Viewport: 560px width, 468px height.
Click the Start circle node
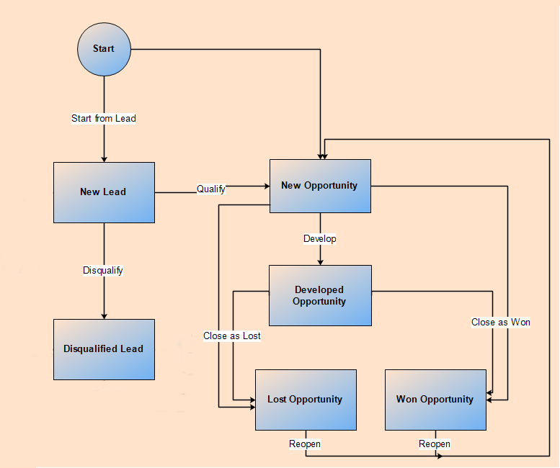pyautogui.click(x=104, y=49)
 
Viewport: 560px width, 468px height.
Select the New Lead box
pyautogui.click(x=104, y=192)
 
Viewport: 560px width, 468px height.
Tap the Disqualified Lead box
pyautogui.click(x=104, y=349)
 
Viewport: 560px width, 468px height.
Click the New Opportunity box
pyautogui.click(x=320, y=186)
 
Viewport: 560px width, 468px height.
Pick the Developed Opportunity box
pyautogui.click(x=320, y=296)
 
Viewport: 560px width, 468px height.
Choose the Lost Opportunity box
pyautogui.click(x=306, y=400)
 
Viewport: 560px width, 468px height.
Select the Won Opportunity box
pyautogui.click(x=435, y=400)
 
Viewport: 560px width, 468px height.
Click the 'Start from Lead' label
pyautogui.click(x=104, y=118)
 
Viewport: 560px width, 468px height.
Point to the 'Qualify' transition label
pyautogui.click(x=211, y=189)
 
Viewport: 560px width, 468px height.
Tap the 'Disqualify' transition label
pyautogui.click(x=103, y=270)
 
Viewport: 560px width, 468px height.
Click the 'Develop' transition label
pyautogui.click(x=320, y=238)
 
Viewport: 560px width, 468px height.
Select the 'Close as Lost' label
pyautogui.click(x=232, y=336)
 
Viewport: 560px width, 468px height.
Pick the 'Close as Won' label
pyautogui.click(x=501, y=322)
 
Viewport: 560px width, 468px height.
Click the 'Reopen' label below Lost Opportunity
pyautogui.click(x=305, y=444)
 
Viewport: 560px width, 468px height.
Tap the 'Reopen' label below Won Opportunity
pyautogui.click(x=435, y=444)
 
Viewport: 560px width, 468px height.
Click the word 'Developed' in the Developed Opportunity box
pyautogui.click(x=319, y=290)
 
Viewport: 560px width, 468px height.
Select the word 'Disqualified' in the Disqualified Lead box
pyautogui.click(x=91, y=349)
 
